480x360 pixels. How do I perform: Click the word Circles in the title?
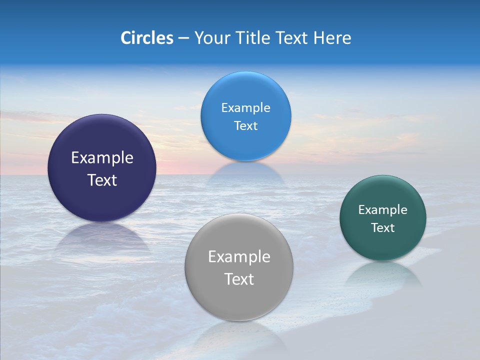[147, 38]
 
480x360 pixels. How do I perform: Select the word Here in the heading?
[332, 38]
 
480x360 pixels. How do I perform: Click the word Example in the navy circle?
[102, 158]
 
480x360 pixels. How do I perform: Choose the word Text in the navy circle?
[102, 180]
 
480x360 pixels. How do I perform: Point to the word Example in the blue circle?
[245, 108]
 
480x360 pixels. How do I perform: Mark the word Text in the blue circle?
[245, 126]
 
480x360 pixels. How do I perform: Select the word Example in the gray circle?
[239, 257]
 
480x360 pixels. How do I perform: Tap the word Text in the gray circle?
[239, 279]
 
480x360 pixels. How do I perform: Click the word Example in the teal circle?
[383, 210]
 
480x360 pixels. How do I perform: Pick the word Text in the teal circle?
[383, 228]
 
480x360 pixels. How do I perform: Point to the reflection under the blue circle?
[245, 171]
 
